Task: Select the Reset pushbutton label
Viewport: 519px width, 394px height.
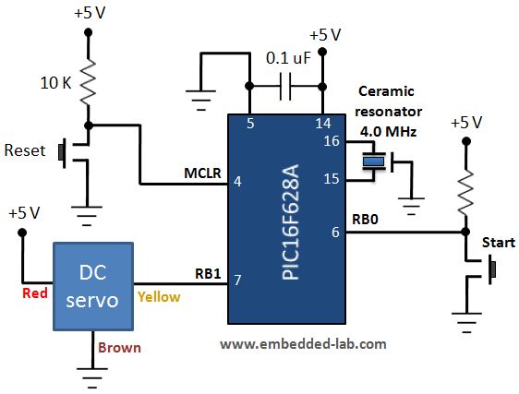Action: (x=25, y=149)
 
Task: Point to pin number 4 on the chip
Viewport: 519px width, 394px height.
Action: (x=237, y=183)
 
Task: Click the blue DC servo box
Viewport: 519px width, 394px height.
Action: (x=92, y=285)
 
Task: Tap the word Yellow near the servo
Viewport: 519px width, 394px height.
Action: (x=159, y=296)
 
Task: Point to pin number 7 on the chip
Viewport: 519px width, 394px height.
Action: (x=237, y=281)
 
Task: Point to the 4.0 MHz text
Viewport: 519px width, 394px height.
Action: (x=388, y=132)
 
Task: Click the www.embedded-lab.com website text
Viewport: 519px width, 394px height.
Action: (x=303, y=343)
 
